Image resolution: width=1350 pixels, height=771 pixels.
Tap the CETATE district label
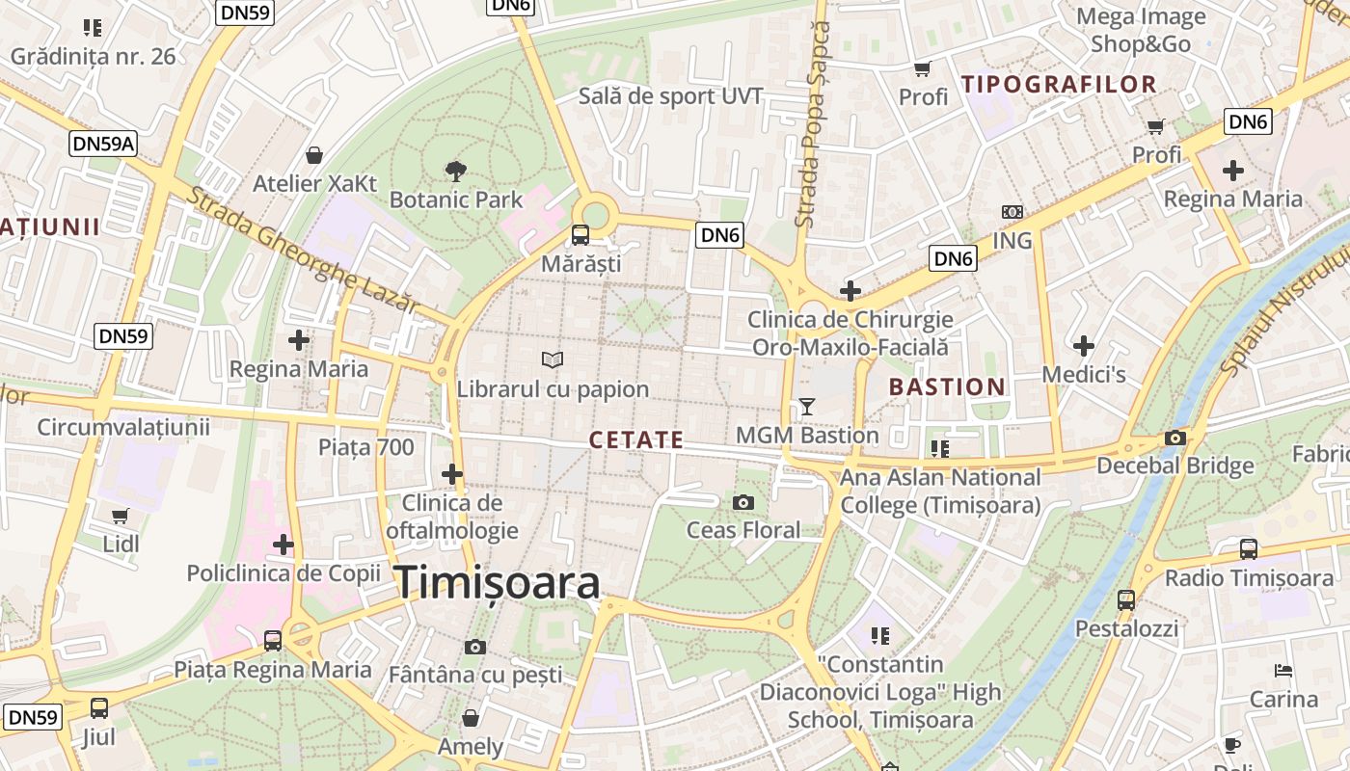tap(636, 440)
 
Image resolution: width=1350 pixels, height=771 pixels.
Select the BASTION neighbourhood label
tap(947, 387)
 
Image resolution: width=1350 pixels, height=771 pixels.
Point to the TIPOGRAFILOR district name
tap(1059, 85)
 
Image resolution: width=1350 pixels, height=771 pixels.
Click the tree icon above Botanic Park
tap(456, 173)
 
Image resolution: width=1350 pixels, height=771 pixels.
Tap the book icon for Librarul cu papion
tap(553, 360)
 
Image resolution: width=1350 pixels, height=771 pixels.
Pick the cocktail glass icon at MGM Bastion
tap(807, 407)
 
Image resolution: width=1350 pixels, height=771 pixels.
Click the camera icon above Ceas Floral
tap(742, 502)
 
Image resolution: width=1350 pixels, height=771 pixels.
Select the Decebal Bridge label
tap(1175, 466)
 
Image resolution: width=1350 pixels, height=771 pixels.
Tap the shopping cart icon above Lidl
tap(121, 517)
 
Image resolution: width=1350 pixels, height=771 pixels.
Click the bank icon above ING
tap(1012, 212)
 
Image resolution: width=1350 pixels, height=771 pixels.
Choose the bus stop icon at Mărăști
tap(580, 235)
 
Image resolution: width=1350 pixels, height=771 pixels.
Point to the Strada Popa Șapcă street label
tap(811, 125)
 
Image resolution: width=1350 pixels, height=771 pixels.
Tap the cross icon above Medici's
tap(1084, 345)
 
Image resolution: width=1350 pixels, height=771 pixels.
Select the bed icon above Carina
tap(1282, 671)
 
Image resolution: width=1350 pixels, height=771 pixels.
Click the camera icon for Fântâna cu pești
tap(474, 647)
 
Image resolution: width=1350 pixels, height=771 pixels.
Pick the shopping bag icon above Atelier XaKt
tap(314, 155)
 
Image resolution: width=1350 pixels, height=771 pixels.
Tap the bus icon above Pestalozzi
tap(1125, 600)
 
